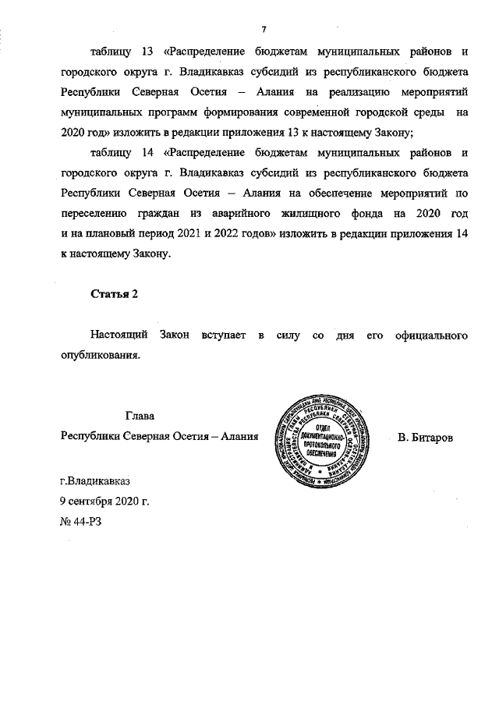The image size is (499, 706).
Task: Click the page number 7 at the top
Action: (264, 30)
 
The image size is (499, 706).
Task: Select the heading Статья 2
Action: (114, 294)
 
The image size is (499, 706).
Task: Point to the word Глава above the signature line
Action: (140, 416)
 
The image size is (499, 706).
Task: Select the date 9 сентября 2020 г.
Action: (104, 499)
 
